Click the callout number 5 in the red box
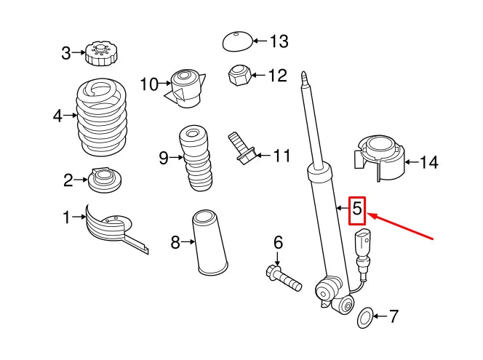tap(357, 209)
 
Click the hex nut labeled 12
tap(240, 75)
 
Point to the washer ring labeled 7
tap(365, 316)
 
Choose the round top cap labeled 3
tap(97, 52)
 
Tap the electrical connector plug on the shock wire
tap(363, 242)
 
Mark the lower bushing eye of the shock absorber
tap(325, 294)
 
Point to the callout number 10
tap(148, 85)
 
